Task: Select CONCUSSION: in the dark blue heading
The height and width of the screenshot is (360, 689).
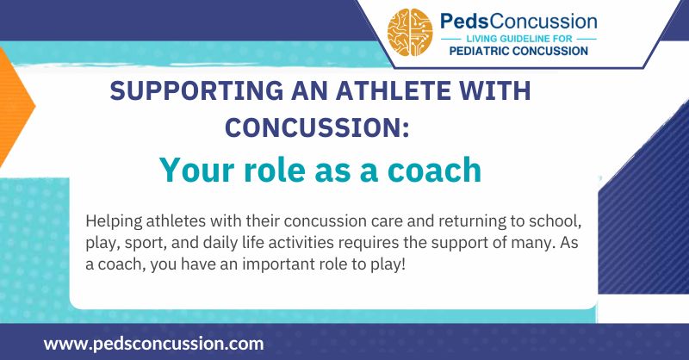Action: [x=316, y=126]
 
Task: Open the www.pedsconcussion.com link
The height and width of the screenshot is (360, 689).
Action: [x=153, y=343]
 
